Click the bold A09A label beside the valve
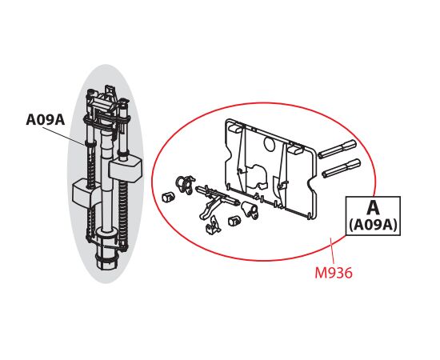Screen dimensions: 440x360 [45, 120]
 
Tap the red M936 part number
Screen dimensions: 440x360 [334, 273]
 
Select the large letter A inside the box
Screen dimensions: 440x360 [374, 208]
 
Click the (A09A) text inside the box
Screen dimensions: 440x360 [374, 225]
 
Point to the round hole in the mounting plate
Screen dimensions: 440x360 [270, 144]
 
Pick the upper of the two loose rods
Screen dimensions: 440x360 [337, 148]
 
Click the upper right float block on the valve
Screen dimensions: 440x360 [125, 170]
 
